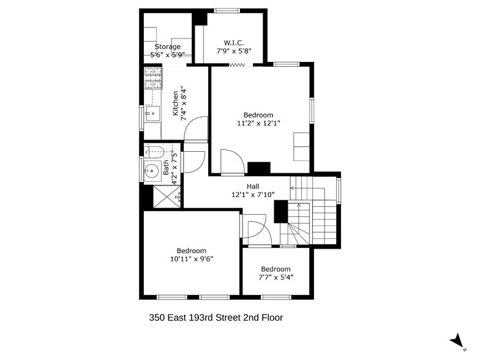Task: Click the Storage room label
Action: coord(167,47)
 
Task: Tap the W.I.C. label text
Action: coord(234,43)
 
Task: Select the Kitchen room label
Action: coord(176,103)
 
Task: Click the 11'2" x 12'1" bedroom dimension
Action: coord(258,123)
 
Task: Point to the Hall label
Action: coord(253,187)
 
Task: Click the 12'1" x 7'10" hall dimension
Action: coord(253,195)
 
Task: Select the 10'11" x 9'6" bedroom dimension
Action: coord(192,259)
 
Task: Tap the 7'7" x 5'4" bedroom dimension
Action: coord(276,277)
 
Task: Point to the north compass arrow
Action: coord(457,340)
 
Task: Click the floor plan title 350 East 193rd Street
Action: coord(216,318)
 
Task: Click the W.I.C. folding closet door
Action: coord(237,65)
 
